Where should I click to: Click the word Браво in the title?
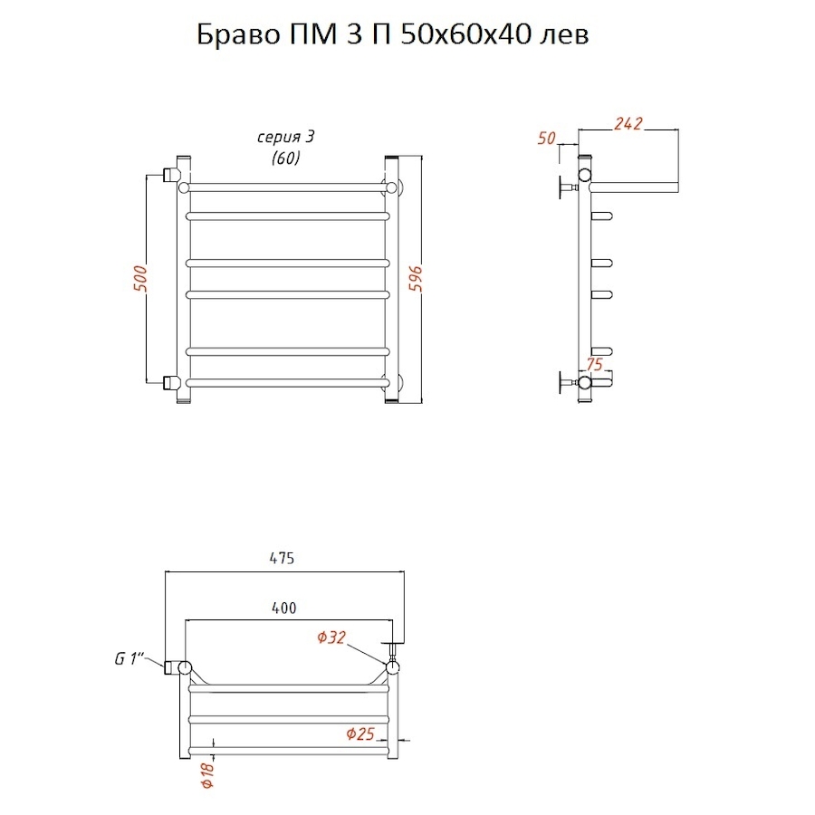coord(238,34)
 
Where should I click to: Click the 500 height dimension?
coord(140,278)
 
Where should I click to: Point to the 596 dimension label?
coord(417,278)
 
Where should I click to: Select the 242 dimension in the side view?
coord(628,124)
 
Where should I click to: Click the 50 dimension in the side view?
coord(546,139)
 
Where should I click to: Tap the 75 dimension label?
coord(594,364)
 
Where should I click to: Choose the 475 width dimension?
coord(283,558)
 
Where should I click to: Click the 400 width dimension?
coord(283,608)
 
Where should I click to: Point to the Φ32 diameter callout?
coord(331,638)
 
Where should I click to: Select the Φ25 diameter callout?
coord(360,733)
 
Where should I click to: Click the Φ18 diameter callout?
coord(207,775)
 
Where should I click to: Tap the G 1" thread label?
coord(129,658)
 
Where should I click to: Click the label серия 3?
coord(286,137)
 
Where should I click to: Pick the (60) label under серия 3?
coord(286,158)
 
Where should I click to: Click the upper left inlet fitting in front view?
coord(170,174)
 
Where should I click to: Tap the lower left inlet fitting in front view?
coord(170,383)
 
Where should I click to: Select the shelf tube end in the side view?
coord(676,187)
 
